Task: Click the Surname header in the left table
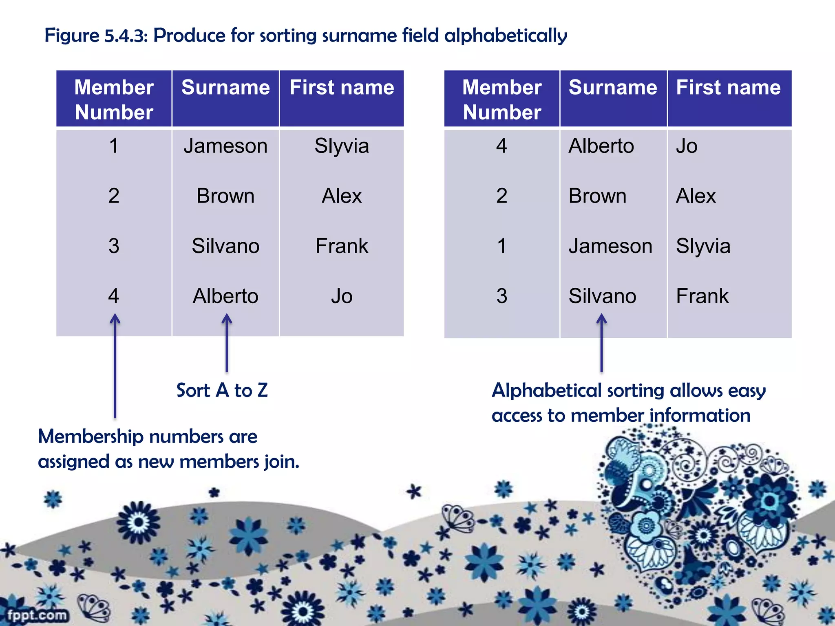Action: click(225, 88)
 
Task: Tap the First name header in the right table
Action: click(728, 88)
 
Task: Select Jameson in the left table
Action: click(225, 146)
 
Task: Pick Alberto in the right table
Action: click(601, 146)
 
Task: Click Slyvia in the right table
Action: click(703, 246)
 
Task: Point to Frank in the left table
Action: click(342, 246)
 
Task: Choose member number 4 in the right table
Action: click(501, 146)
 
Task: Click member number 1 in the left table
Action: click(114, 146)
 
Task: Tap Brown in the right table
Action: click(597, 196)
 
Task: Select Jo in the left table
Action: click(342, 296)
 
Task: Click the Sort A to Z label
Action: click(222, 390)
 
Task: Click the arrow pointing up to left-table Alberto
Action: click(227, 342)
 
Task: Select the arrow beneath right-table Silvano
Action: click(601, 342)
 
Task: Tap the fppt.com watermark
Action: click(37, 615)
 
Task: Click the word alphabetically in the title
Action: click(505, 35)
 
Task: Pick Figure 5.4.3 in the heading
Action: click(95, 35)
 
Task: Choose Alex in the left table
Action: click(342, 196)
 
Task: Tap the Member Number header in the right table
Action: click(502, 99)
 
